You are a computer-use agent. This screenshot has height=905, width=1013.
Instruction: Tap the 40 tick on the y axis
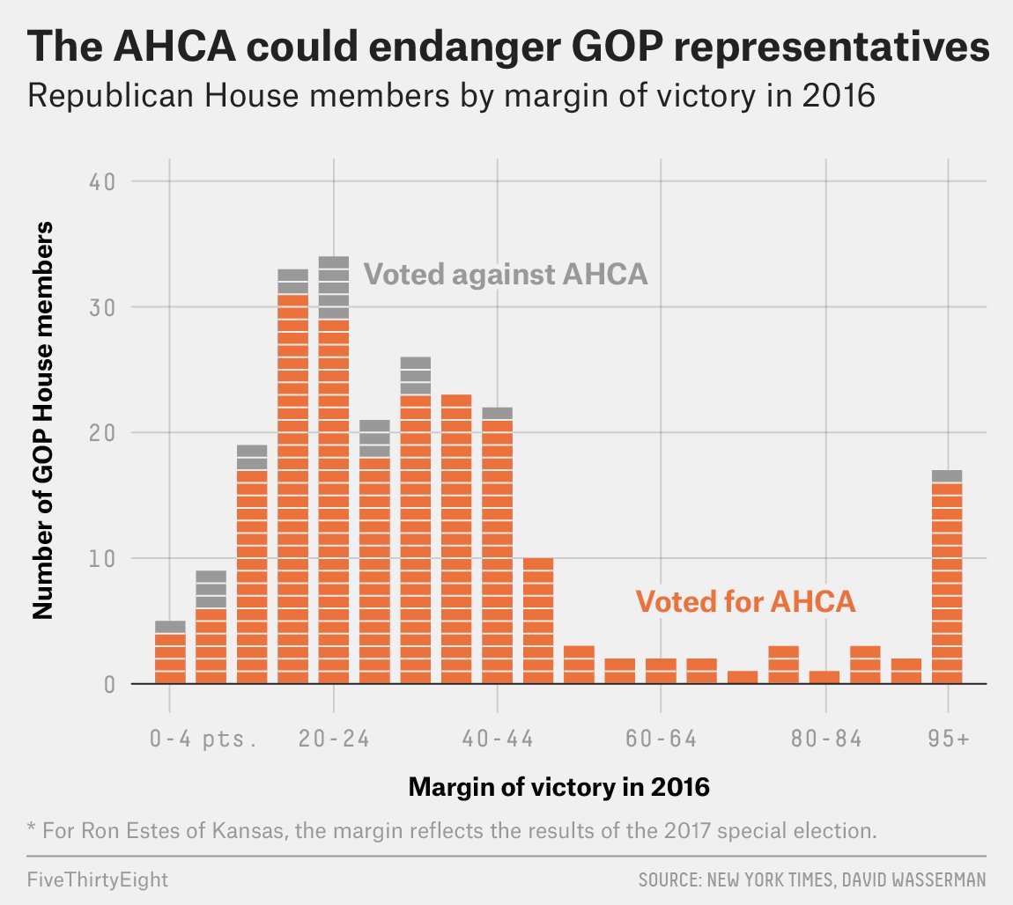[104, 182]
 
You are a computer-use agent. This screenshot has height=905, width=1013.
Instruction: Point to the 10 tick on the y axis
[104, 559]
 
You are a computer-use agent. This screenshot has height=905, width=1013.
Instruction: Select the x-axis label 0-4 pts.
[203, 739]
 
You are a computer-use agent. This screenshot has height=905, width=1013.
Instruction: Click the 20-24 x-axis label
[334, 739]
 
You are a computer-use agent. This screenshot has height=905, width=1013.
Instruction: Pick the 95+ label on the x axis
[948, 739]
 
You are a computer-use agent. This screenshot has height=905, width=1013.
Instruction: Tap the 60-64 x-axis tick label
[662, 739]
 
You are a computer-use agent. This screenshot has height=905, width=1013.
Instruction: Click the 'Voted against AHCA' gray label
[506, 275]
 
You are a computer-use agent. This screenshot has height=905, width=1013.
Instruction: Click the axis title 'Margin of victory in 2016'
[559, 787]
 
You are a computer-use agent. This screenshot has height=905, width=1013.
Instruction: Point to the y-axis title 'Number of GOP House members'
[43, 419]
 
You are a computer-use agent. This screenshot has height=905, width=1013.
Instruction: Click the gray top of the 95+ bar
[948, 476]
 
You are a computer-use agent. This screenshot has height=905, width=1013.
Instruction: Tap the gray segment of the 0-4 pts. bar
[170, 627]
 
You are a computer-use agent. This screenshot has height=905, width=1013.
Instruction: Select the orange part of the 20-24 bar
[334, 502]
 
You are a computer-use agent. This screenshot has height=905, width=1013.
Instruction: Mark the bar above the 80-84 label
[825, 677]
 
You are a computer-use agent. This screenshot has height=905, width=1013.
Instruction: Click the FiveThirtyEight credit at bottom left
[98, 879]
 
